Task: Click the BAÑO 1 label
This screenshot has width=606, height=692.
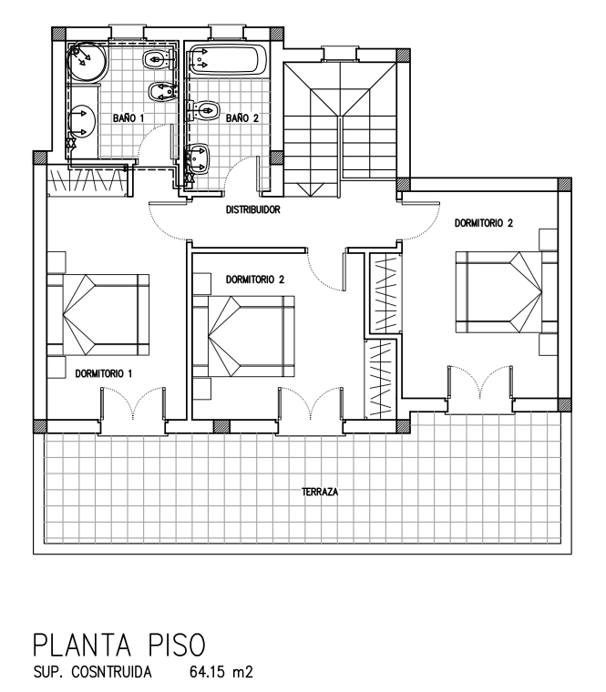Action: (128, 118)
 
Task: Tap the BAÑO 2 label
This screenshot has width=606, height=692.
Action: (242, 118)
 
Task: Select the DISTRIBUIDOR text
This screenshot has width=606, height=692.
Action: (253, 209)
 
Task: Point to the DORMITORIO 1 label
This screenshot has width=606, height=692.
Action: (103, 374)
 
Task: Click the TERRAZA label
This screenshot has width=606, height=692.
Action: (320, 492)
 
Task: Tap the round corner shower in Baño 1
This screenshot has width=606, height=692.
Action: (87, 61)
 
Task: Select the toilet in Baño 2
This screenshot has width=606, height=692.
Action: (204, 110)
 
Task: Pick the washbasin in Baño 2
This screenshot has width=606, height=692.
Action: (198, 158)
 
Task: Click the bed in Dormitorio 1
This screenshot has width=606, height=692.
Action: (98, 315)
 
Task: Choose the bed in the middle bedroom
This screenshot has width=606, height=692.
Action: (244, 336)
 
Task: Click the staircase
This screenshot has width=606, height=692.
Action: (340, 129)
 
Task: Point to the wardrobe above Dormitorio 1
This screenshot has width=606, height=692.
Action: (87, 181)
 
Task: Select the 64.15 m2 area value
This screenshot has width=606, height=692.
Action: (221, 673)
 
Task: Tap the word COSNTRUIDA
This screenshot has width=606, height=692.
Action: (111, 673)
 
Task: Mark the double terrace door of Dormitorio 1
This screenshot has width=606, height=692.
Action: (132, 403)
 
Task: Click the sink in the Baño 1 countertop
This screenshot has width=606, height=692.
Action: (82, 120)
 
